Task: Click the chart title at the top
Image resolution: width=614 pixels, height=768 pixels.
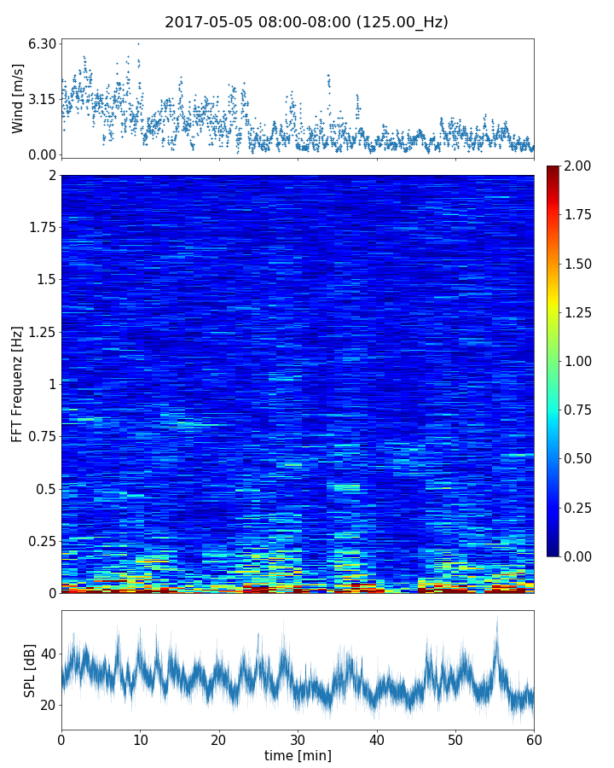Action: [306, 22]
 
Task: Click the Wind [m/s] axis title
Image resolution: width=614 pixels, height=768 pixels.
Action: [18, 99]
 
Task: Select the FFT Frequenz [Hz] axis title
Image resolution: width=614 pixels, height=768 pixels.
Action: [18, 384]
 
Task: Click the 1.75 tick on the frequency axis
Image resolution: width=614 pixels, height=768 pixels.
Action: [39, 227]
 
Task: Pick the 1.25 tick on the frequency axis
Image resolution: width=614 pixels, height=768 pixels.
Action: [39, 332]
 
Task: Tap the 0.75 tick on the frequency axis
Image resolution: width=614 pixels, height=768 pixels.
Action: [39, 436]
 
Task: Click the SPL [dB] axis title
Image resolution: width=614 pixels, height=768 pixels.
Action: [31, 670]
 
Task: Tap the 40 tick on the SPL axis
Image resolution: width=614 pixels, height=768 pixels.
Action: [48, 655]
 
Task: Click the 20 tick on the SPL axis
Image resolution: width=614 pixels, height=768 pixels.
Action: [48, 705]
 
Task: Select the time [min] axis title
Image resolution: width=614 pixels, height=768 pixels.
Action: [298, 755]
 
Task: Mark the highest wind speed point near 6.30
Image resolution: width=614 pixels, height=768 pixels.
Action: [138, 44]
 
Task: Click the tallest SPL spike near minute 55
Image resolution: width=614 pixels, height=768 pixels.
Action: [497, 618]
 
